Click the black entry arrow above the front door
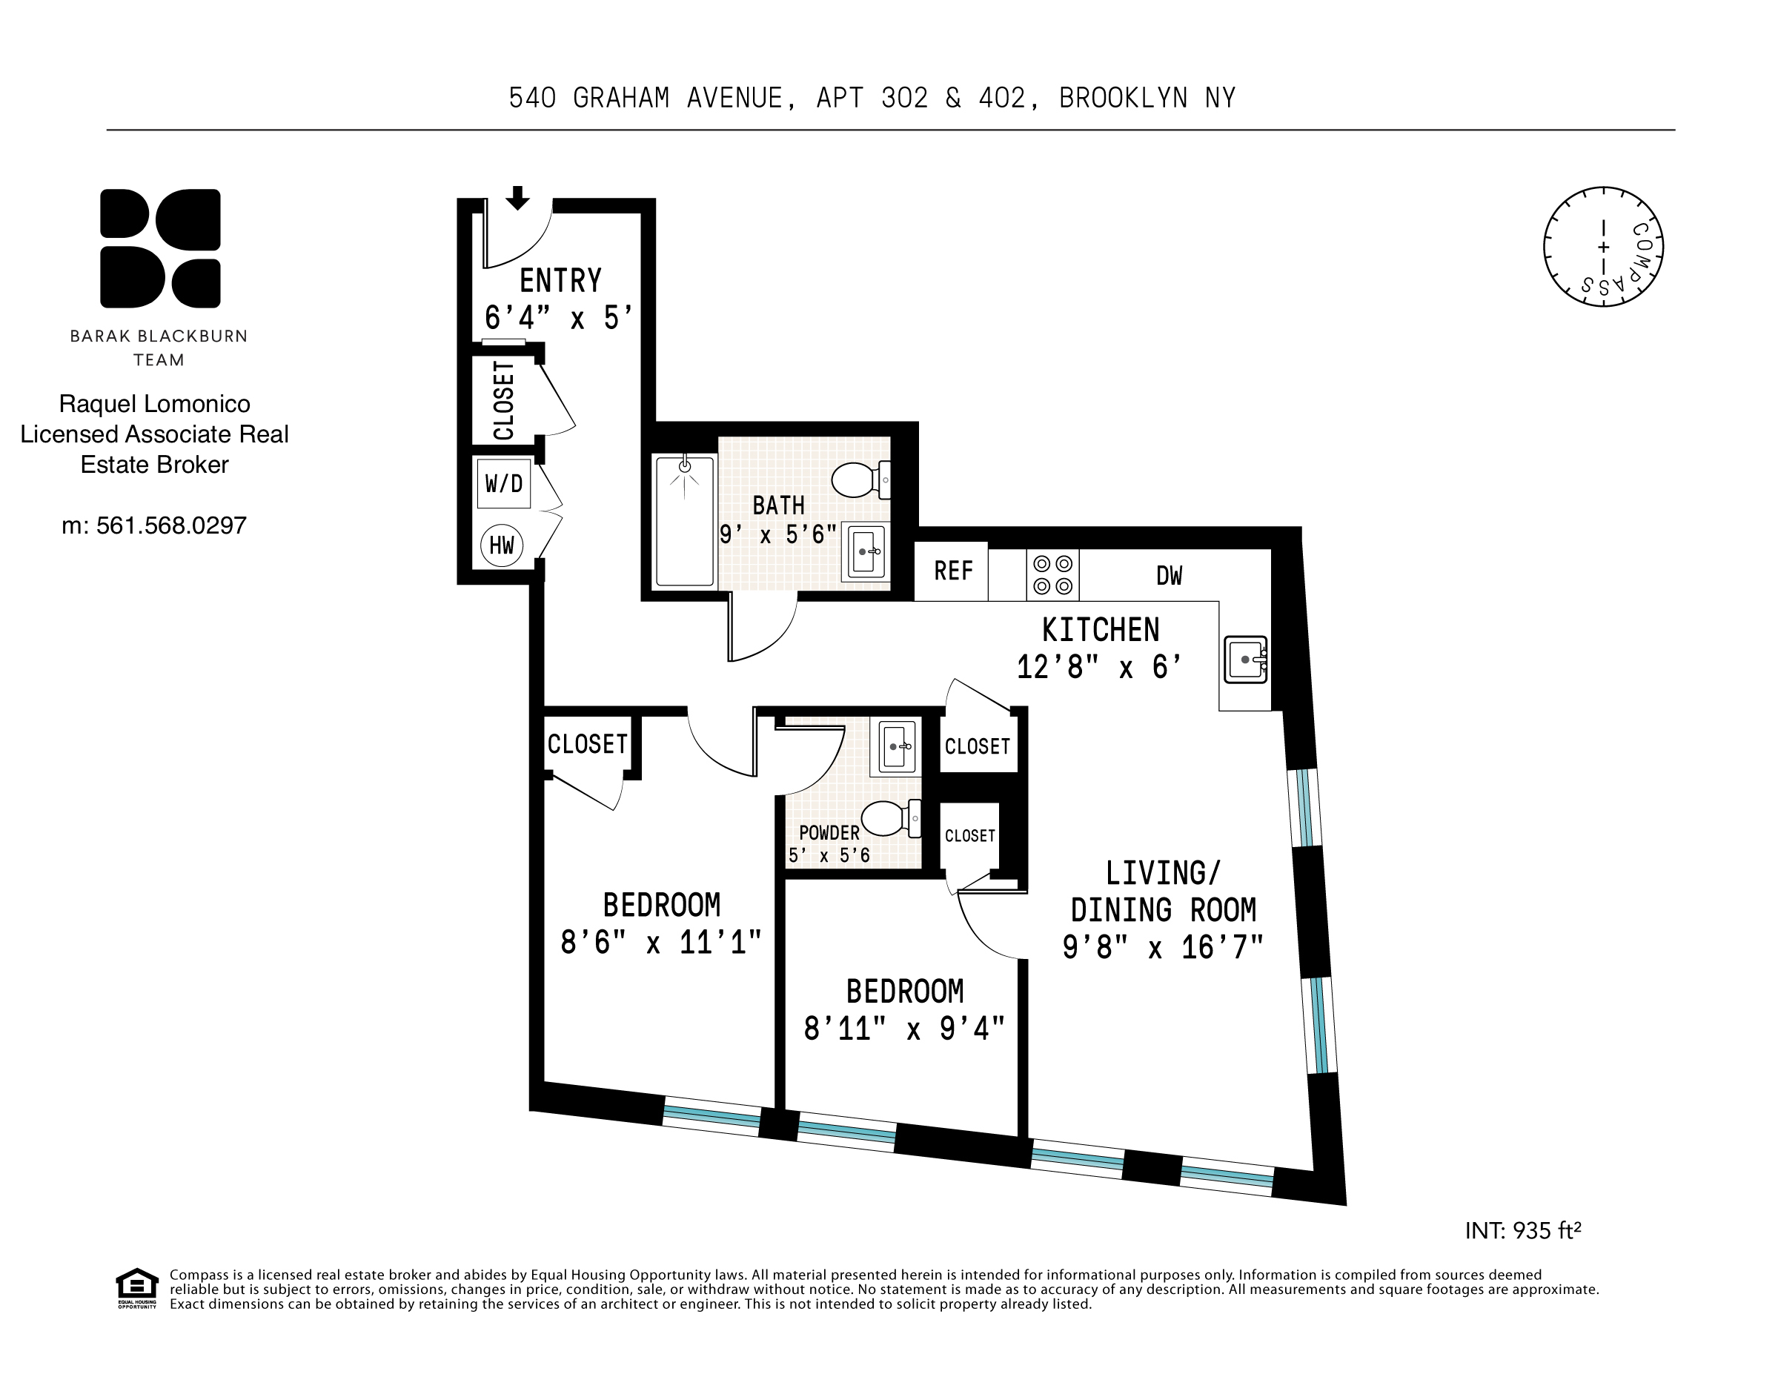click(518, 198)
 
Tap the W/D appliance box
click(504, 483)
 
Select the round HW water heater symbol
click(502, 545)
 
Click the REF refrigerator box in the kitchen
click(952, 571)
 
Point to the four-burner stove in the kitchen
click(1052, 574)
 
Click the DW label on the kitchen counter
click(1168, 576)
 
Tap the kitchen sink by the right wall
click(1247, 660)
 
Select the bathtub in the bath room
click(685, 521)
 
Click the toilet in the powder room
click(889, 818)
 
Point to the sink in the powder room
click(895, 746)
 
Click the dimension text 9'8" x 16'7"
click(1163, 947)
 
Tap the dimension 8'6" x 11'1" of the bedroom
click(661, 943)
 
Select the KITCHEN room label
click(1100, 630)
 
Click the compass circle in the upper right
click(1602, 247)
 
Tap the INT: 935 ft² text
click(1522, 1230)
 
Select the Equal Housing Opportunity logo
click(137, 1288)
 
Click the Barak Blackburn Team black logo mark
click(160, 248)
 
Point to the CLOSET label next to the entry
click(504, 400)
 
